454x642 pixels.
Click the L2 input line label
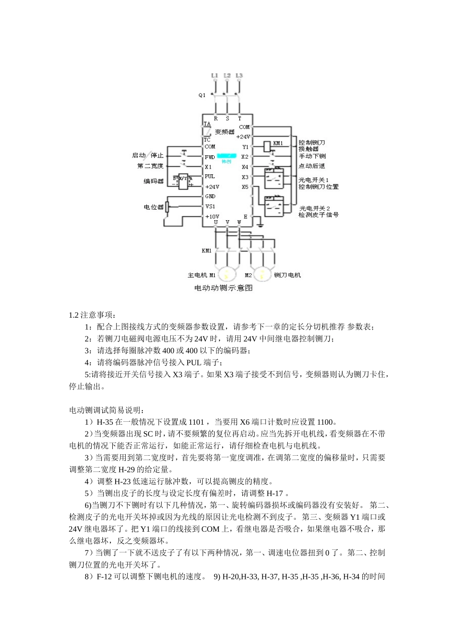pyautogui.click(x=227, y=75)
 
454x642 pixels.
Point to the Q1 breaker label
pyautogui.click(x=202, y=95)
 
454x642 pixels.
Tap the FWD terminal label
pyautogui.click(x=210, y=157)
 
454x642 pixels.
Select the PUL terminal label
pyautogui.click(x=210, y=176)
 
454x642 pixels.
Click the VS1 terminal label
pyautogui.click(x=210, y=206)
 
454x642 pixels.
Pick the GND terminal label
pyautogui.click(x=210, y=196)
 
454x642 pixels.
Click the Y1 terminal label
pyautogui.click(x=245, y=147)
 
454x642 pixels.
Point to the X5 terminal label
pyautogui.click(x=245, y=187)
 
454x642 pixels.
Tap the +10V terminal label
pyautogui.click(x=212, y=216)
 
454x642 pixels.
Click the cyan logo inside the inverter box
pyautogui.click(x=226, y=156)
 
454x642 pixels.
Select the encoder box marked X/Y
pyautogui.click(x=183, y=181)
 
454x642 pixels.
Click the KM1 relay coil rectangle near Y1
pyautogui.click(x=268, y=146)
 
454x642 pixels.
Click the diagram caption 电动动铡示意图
pyautogui.click(x=223, y=288)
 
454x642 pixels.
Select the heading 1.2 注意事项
pyautogui.click(x=92, y=315)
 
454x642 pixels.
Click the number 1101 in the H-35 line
pyautogui.click(x=197, y=422)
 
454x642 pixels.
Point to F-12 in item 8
pyautogui.click(x=104, y=576)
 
